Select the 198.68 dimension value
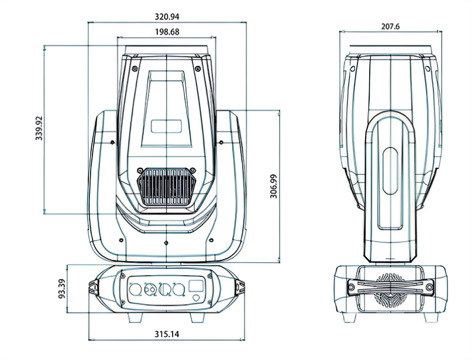click(167, 32)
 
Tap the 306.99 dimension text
click(274, 186)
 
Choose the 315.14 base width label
click(167, 334)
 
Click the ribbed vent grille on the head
click(167, 187)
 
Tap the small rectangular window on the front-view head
click(167, 125)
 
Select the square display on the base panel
click(196, 287)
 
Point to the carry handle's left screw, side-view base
click(351, 288)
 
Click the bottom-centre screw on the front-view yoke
click(167, 243)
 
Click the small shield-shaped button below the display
click(196, 299)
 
